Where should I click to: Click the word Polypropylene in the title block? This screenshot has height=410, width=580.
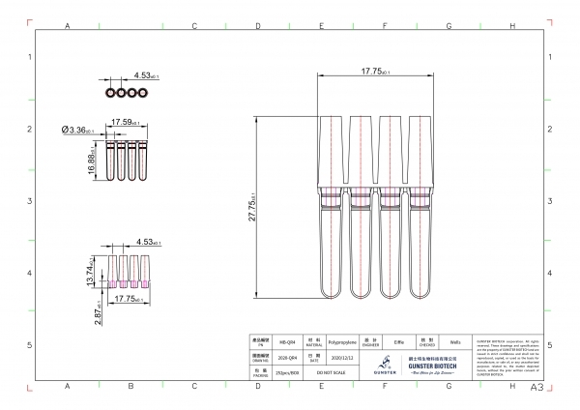point(343,341)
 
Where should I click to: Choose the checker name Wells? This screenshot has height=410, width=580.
point(454,341)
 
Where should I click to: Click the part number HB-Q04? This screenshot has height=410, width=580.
point(288,341)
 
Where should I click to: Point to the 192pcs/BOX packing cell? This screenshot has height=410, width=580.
point(288,371)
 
